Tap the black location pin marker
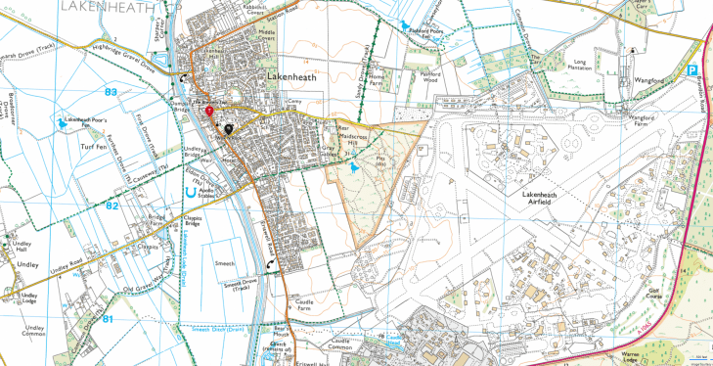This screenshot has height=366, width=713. (x=229, y=127)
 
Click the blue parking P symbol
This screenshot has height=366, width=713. (x=691, y=70)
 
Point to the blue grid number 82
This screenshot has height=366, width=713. (x=111, y=206)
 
